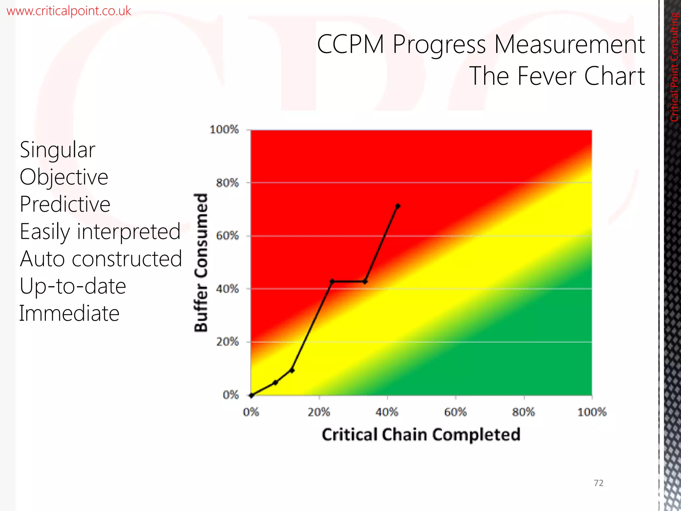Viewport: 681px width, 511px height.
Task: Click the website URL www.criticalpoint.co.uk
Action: click(68, 11)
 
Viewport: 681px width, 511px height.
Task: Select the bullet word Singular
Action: click(58, 150)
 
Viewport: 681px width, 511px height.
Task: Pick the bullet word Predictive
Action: click(65, 204)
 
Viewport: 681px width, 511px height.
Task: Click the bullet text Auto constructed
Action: click(101, 259)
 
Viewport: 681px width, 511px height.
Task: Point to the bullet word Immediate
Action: click(69, 313)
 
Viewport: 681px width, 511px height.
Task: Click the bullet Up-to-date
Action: click(73, 286)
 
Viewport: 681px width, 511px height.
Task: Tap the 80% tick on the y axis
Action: click(227, 183)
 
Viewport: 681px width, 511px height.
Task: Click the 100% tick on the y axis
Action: click(224, 129)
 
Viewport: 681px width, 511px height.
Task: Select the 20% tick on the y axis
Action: click(227, 342)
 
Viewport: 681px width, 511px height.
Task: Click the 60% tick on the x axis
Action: click(456, 412)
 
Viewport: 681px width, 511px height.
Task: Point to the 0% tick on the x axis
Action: click(251, 412)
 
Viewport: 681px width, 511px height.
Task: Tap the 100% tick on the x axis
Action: click(592, 412)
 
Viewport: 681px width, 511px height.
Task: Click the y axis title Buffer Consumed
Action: click(201, 262)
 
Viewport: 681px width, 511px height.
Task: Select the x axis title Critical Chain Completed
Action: click(421, 435)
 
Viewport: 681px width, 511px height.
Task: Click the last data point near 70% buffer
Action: click(398, 206)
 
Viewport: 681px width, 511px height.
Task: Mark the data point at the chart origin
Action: click(252, 395)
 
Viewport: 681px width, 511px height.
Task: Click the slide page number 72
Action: click(599, 483)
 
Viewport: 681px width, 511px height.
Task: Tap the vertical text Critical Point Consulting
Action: click(674, 67)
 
